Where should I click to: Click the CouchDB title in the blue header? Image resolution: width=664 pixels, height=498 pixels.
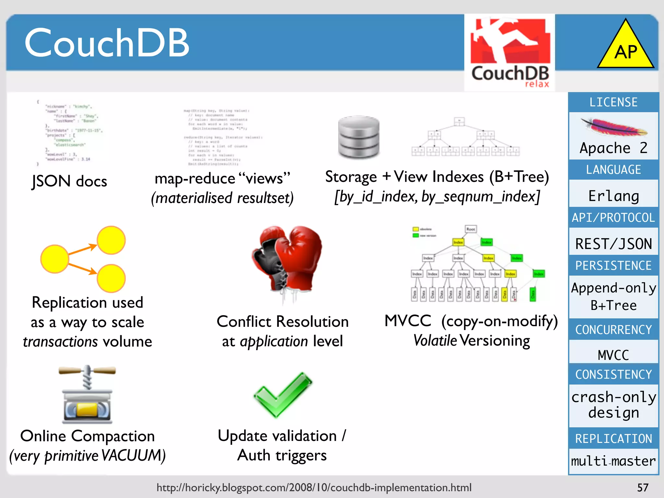point(107,43)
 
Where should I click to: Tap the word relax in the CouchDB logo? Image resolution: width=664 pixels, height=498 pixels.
point(537,84)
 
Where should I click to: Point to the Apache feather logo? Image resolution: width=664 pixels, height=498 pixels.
point(613,127)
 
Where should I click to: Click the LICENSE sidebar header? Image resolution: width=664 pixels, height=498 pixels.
point(613,102)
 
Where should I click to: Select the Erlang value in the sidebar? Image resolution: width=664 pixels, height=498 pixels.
point(613,196)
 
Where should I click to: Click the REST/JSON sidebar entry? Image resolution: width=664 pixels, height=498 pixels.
point(613,244)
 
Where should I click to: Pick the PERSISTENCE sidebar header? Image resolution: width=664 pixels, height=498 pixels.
point(613,266)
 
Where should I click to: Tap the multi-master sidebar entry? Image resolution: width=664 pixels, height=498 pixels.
point(613,461)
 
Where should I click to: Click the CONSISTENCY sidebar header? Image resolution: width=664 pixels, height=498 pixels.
point(613,374)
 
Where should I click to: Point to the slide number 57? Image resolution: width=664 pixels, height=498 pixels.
point(643,488)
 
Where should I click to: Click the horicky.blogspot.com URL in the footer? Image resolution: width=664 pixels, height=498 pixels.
point(314,488)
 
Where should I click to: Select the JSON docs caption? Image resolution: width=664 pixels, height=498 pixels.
point(69,181)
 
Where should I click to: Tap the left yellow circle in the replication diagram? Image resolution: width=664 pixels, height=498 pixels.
point(54,259)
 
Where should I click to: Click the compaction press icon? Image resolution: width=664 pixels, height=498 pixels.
point(87,395)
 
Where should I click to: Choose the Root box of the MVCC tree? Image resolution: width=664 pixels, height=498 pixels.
point(471,229)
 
